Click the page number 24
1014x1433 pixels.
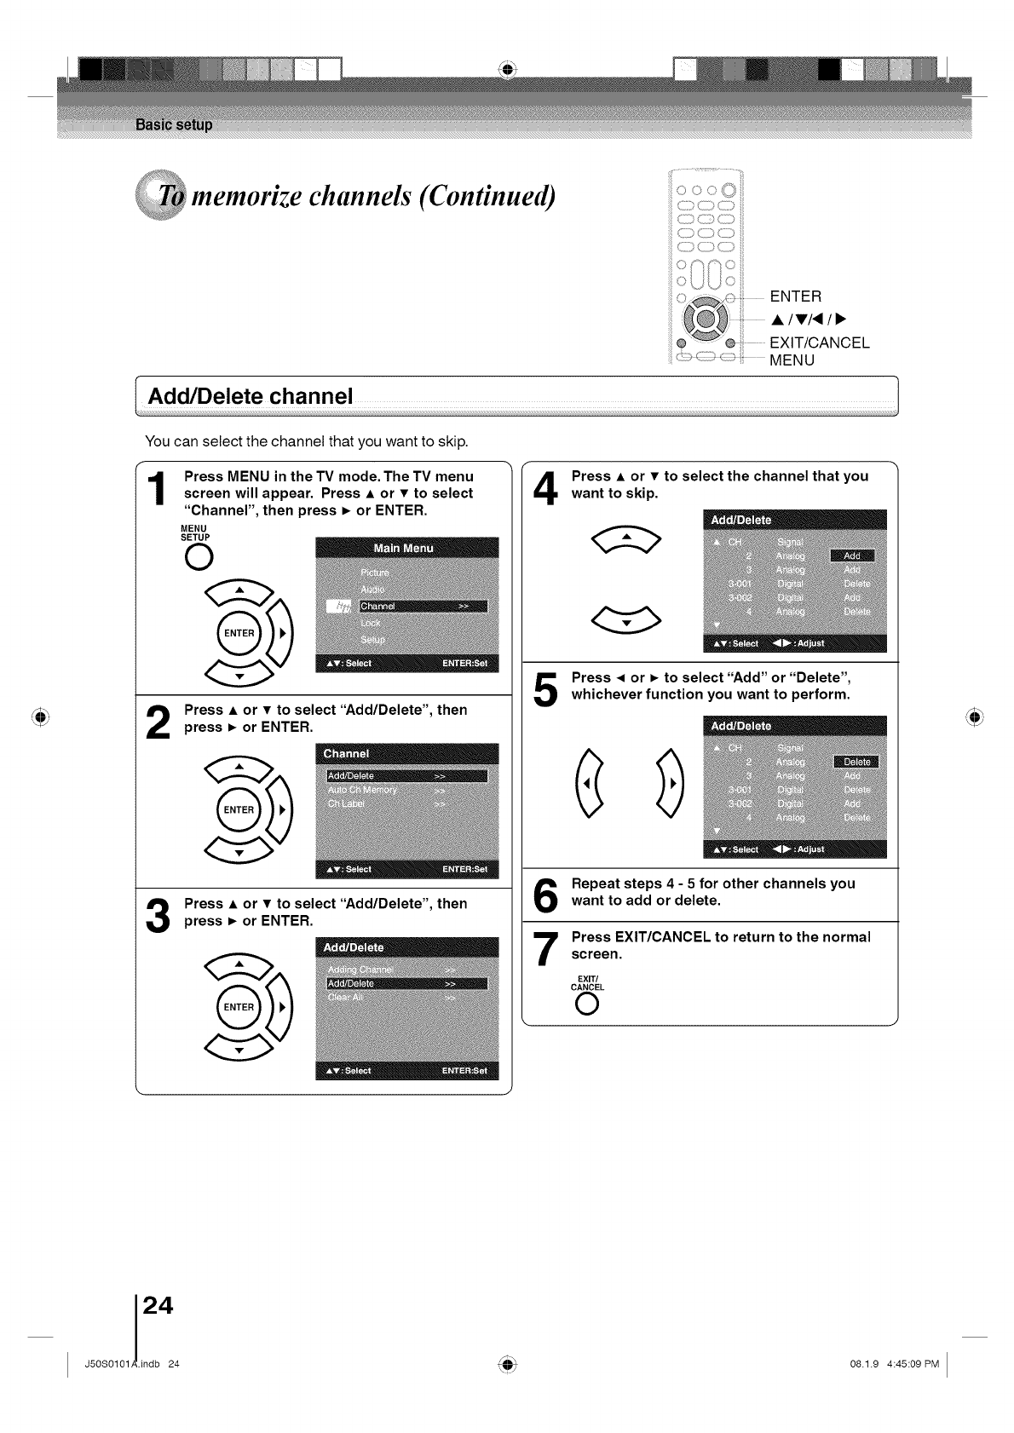(158, 1304)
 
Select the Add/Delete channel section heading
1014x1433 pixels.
(250, 397)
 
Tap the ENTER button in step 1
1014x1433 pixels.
(239, 633)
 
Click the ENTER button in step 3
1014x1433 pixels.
(239, 1007)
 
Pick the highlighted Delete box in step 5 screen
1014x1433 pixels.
(856, 762)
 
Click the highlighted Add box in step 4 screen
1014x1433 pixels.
(852, 555)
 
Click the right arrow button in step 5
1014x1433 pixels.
(671, 784)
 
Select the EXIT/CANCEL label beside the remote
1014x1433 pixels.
(819, 342)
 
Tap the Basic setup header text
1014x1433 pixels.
(174, 125)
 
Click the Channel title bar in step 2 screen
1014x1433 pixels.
(406, 754)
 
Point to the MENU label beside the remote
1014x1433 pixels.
(792, 360)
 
